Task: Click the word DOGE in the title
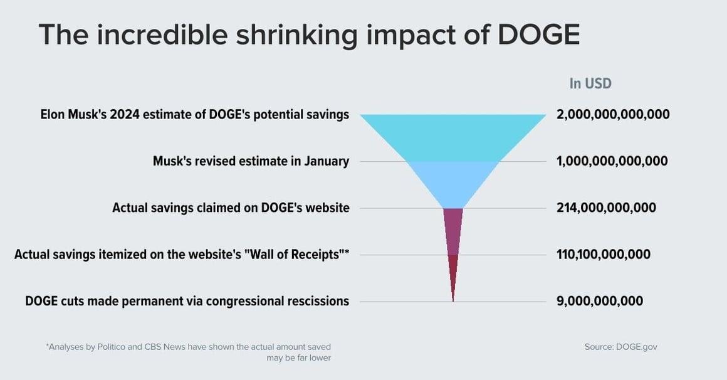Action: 539,34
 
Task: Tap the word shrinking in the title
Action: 296,35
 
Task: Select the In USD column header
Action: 590,83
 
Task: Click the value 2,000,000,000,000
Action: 613,115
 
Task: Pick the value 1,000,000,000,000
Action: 612,161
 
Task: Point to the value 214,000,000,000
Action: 607,208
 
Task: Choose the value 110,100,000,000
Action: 603,254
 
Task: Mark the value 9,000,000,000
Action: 600,300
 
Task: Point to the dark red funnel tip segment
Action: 453,272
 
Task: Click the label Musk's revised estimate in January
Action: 251,161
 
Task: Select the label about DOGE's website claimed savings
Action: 231,208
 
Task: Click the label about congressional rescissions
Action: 187,301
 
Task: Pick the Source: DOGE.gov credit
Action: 621,347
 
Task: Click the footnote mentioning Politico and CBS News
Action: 189,352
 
